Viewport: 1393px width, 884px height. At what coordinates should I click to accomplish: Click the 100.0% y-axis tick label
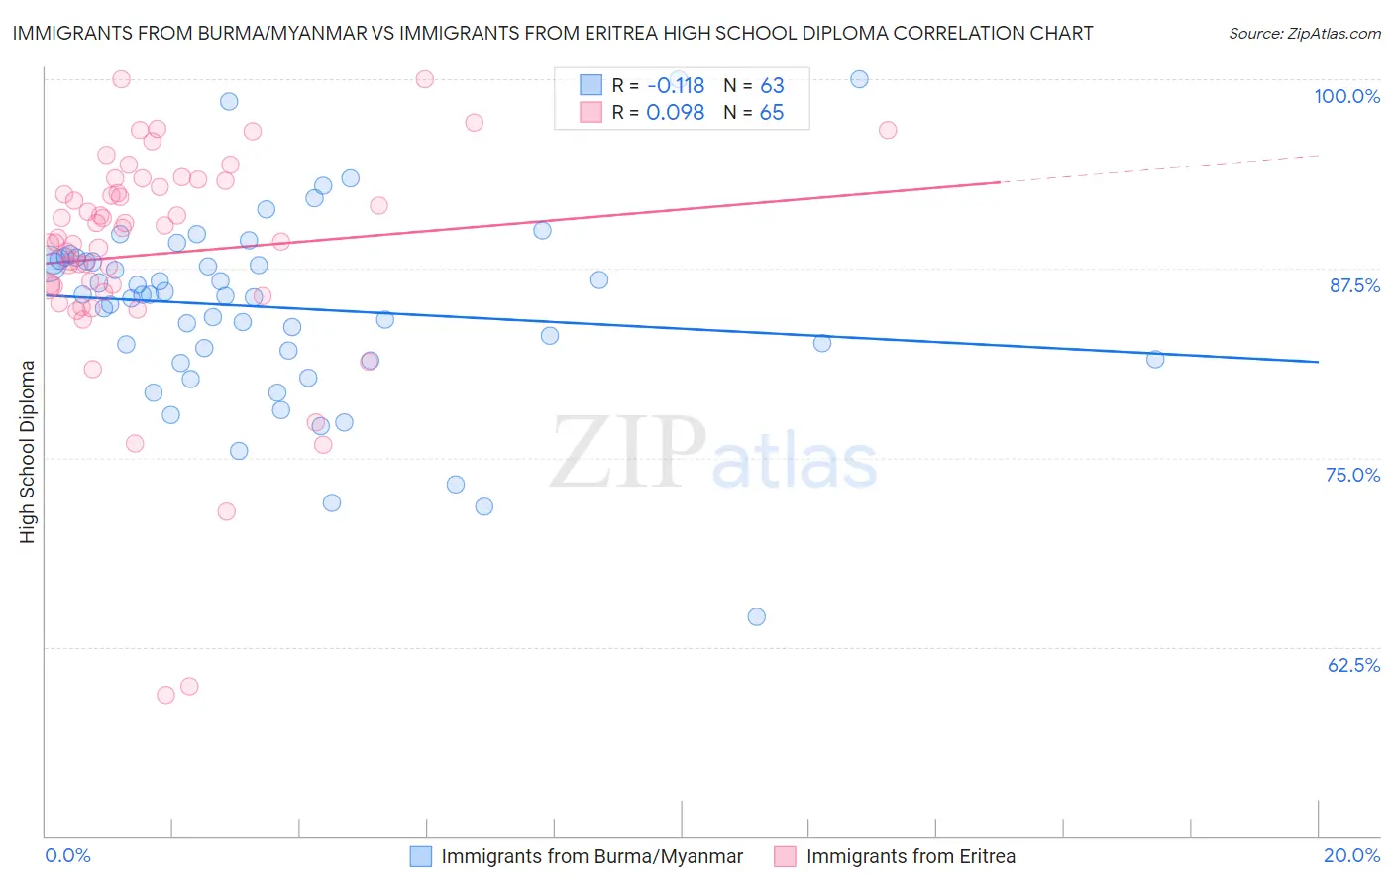coord(1346,96)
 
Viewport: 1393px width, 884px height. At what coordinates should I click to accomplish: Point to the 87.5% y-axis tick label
coord(1354,285)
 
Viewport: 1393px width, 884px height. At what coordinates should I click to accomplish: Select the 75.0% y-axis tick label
coord(1352,475)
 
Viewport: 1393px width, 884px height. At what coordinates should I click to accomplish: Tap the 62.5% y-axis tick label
coord(1353,665)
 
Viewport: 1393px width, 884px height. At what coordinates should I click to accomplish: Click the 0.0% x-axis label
coord(67,855)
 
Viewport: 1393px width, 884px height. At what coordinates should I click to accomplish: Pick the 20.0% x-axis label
coord(1351,855)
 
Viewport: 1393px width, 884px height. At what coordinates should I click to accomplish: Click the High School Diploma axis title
coord(28,451)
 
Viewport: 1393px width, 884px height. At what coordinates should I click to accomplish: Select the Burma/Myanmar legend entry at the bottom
coord(591,857)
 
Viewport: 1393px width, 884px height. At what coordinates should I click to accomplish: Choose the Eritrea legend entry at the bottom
coord(911,857)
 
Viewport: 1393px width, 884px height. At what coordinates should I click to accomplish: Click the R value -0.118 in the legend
coord(675,86)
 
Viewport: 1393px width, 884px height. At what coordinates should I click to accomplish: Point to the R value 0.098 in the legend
coord(675,113)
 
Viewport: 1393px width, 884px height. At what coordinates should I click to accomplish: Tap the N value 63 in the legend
coord(772,86)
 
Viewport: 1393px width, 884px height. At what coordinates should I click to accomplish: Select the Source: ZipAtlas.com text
coord(1304,34)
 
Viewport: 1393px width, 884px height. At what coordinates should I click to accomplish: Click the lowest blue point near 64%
coord(757,616)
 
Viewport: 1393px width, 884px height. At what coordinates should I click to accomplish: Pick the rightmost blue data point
coord(1155,359)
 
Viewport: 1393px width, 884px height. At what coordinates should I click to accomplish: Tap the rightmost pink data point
coord(888,130)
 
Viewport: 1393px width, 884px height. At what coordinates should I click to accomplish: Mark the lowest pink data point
coord(165,695)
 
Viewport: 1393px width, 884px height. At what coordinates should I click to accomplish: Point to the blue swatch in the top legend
coord(591,85)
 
